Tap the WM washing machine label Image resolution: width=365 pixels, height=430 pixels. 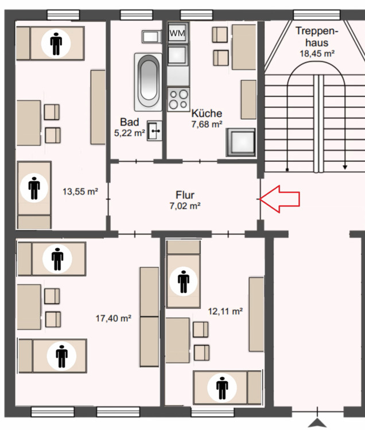coord(177,33)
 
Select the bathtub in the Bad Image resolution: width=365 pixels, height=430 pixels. coord(148,82)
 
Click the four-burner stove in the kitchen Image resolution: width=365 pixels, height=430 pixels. coord(178,99)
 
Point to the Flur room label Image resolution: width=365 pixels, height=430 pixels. coord(185,195)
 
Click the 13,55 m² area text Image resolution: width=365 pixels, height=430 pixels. coord(80,191)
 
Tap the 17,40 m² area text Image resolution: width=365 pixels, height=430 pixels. coord(113,318)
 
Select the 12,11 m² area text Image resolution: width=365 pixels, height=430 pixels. coord(226,311)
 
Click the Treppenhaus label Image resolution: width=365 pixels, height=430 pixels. coord(317,37)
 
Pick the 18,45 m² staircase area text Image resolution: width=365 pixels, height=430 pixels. coord(317,53)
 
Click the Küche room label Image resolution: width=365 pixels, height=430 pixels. coord(207,114)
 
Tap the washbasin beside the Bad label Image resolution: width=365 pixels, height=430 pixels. coord(154,131)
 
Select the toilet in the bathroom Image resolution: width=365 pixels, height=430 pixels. coord(151,37)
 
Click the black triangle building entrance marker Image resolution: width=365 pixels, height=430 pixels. coord(317,423)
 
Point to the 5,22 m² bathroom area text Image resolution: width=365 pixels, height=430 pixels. coord(130,133)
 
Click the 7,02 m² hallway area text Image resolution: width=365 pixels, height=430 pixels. coord(185,205)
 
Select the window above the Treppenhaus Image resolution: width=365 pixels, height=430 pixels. coord(317,14)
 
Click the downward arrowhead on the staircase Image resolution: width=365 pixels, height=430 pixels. coord(345,167)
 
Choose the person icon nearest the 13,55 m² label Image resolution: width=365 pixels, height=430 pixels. coord(34,188)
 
